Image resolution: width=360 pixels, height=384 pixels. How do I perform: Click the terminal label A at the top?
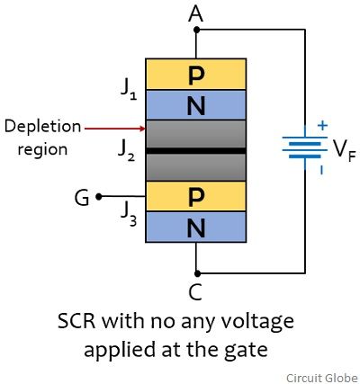(x=196, y=14)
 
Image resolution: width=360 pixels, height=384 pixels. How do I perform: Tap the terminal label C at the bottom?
(x=195, y=292)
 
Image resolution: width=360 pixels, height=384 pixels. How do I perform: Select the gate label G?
(x=82, y=198)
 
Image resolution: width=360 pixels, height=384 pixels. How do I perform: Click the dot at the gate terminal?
(x=98, y=197)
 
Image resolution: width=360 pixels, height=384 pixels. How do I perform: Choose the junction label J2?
(x=127, y=151)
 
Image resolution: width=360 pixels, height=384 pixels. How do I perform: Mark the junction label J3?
(x=129, y=212)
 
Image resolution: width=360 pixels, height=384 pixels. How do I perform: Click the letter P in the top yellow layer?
(x=196, y=76)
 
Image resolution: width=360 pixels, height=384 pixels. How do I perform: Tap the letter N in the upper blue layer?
(x=196, y=106)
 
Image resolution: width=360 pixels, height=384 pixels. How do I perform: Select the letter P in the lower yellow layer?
(x=196, y=198)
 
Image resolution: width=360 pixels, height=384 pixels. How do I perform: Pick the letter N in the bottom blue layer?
(x=196, y=228)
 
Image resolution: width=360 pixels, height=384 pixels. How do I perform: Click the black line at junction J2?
(x=196, y=151)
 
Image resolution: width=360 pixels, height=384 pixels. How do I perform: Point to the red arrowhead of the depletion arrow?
(x=143, y=129)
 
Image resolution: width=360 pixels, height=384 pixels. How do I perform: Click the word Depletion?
(x=42, y=127)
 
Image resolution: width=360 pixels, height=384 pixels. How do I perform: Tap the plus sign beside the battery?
(x=322, y=125)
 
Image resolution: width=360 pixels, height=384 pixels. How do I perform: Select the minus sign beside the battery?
(x=321, y=170)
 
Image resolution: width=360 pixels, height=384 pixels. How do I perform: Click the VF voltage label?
(x=345, y=150)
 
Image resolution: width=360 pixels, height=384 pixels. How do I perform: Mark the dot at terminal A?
(x=196, y=30)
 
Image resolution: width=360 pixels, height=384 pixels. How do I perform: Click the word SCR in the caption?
(x=76, y=321)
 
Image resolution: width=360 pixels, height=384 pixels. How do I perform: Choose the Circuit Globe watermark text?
(x=323, y=378)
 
